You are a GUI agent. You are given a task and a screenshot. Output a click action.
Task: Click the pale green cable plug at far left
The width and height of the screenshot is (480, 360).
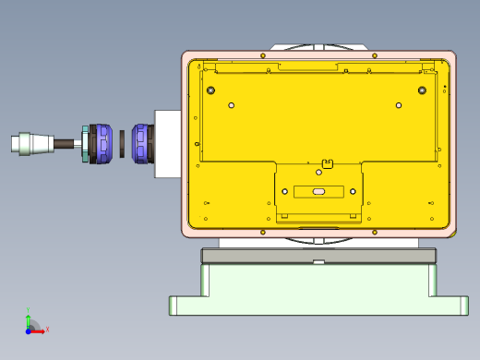pyautogui.click(x=28, y=143)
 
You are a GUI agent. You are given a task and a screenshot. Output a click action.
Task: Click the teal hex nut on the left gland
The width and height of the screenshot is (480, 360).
pyautogui.click(x=86, y=144)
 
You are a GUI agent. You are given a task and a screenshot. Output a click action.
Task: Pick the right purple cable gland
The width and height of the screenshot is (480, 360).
pyautogui.click(x=140, y=143)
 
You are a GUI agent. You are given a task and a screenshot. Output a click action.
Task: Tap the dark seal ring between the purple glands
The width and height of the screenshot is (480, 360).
pyautogui.click(x=122, y=143)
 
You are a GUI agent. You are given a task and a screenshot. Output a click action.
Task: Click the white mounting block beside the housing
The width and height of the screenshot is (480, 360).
pyautogui.click(x=167, y=144)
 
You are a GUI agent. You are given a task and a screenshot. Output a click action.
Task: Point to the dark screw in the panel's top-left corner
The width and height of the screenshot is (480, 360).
pyautogui.click(x=211, y=90)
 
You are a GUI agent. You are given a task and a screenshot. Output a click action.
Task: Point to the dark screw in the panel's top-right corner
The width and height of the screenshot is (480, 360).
pyautogui.click(x=422, y=90)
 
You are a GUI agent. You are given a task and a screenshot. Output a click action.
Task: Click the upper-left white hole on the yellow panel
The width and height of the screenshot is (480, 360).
pyautogui.click(x=232, y=105)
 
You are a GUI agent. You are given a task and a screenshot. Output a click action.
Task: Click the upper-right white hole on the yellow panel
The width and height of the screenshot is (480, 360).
pyautogui.click(x=399, y=105)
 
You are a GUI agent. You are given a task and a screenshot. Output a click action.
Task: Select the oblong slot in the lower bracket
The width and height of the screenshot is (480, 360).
pyautogui.click(x=318, y=191)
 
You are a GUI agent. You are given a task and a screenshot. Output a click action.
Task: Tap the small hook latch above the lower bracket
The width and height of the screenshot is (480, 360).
pyautogui.click(x=326, y=165)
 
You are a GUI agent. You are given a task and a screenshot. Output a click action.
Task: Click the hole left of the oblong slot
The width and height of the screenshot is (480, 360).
pyautogui.click(x=284, y=191)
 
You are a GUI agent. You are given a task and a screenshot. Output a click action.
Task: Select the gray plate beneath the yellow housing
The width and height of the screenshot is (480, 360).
pyautogui.click(x=318, y=256)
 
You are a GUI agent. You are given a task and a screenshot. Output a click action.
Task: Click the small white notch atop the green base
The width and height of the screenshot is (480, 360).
pyautogui.click(x=318, y=262)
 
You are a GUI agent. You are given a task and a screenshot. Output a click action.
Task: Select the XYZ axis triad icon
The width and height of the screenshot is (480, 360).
pyautogui.click(x=32, y=323)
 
